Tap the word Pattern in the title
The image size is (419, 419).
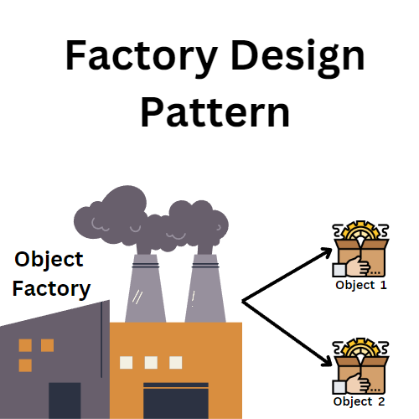point(215,111)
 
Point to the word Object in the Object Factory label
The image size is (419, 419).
point(49,259)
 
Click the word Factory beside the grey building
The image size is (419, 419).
point(52,289)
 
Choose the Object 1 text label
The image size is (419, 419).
point(360,285)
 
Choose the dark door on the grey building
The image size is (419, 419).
point(65,401)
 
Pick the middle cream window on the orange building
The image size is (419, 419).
point(152,363)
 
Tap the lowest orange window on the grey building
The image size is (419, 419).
point(25,365)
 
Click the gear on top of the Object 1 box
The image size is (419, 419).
point(360,234)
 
